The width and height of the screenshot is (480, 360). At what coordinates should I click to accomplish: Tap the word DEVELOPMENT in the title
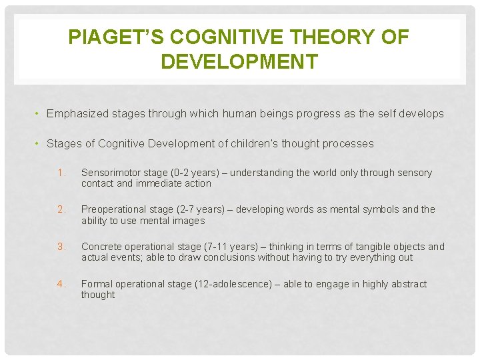[x=239, y=62]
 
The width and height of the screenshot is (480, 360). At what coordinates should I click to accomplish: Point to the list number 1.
[x=61, y=173]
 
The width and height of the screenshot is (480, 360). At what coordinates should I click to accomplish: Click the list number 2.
[x=61, y=209]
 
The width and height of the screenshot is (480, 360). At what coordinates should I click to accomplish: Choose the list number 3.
[x=61, y=247]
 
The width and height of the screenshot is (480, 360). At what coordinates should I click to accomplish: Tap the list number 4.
[x=61, y=284]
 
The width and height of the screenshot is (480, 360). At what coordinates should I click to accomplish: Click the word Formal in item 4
[x=97, y=284]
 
